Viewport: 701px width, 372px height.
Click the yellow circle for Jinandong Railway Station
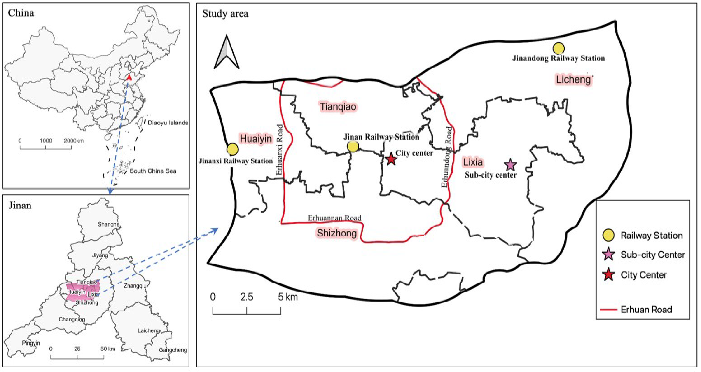[558, 48]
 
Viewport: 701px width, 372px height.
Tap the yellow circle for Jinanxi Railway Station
[232, 149]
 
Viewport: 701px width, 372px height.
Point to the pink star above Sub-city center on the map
[510, 165]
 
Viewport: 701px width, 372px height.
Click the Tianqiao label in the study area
[338, 106]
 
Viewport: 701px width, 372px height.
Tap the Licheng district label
[573, 80]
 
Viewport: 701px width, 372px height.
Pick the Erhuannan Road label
[334, 218]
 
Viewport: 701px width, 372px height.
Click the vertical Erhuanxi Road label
[280, 150]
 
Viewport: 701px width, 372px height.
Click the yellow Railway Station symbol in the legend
[608, 235]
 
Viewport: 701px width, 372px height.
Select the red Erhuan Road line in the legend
[608, 309]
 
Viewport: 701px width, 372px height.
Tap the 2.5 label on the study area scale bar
[247, 297]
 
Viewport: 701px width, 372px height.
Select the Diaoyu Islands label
[168, 123]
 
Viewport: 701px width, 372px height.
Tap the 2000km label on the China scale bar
[74, 141]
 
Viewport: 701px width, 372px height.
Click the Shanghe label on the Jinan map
[109, 224]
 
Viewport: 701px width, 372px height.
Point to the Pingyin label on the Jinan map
[31, 343]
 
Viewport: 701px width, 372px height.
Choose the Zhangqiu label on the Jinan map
[135, 286]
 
